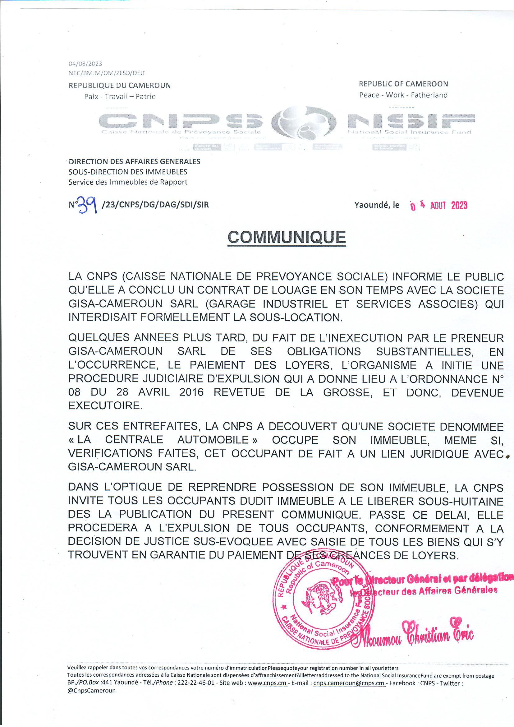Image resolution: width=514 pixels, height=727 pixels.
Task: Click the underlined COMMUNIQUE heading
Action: (287, 237)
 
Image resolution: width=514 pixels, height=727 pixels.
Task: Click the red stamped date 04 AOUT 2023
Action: (439, 206)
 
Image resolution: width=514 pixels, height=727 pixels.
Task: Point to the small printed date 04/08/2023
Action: (85, 64)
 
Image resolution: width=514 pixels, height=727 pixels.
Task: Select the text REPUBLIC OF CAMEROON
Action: (403, 84)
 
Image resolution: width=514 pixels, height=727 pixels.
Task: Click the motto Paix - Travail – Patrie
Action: (120, 97)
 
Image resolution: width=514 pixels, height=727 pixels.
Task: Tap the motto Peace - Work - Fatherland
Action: (403, 95)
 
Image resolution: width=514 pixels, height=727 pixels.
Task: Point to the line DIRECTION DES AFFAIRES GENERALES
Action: (135, 161)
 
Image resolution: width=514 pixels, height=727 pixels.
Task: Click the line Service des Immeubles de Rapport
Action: (128, 182)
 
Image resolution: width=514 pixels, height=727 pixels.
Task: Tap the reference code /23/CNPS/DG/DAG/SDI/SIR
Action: (155, 205)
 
